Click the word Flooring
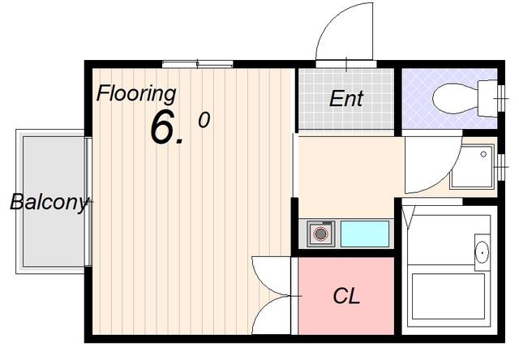[136, 94]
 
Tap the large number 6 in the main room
[162, 128]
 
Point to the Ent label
[346, 99]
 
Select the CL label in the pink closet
[346, 296]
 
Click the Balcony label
[49, 203]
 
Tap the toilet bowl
[456, 99]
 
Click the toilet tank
[487, 98]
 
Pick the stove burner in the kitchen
[320, 234]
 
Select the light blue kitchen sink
[365, 234]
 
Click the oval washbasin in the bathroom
[482, 252]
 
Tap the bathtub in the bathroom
[448, 296]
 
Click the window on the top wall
[198, 64]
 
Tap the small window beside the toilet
[501, 98]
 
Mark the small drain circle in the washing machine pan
[483, 154]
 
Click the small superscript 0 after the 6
[204, 120]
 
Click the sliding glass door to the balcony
[88, 202]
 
